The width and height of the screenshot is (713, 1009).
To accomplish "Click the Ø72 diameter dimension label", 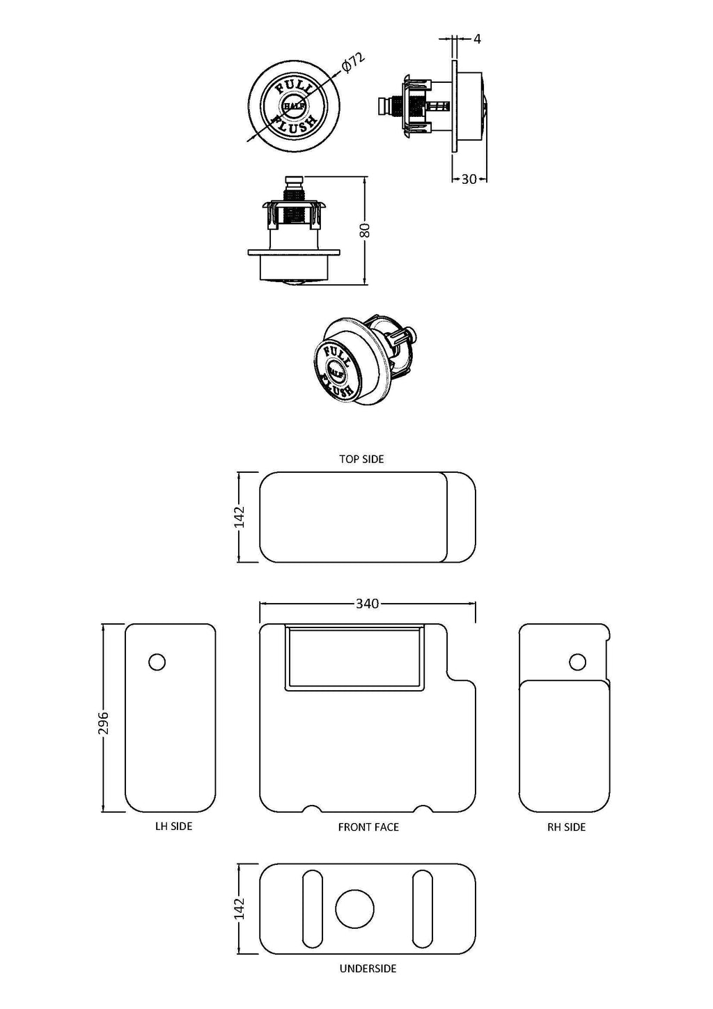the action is coord(353,62).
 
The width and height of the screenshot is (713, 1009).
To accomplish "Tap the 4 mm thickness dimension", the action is coord(477,39).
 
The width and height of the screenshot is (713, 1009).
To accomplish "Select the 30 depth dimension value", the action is coord(469,179).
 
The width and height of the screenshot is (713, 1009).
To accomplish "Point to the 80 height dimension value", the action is coord(366,230).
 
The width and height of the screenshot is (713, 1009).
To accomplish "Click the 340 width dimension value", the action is coord(367,604).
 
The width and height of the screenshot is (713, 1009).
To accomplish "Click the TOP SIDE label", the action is coord(361,459).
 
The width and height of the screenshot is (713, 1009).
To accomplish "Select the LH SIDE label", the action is coord(174,827).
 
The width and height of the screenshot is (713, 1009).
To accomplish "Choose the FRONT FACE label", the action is coord(368,827).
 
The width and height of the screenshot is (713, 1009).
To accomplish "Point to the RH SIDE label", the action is coord(567,827).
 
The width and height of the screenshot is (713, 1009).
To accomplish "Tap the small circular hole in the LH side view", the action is coord(157,662).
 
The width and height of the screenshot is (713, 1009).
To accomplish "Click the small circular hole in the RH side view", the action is coord(577,662).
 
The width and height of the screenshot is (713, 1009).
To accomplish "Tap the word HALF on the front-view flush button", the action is coord(294,106).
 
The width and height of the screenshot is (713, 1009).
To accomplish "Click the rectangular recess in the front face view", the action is coord(355,657).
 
